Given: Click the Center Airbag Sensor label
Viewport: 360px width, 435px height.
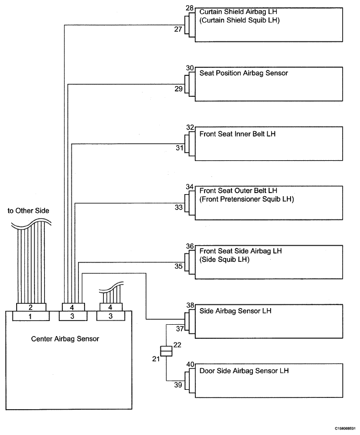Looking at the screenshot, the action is coord(65,339).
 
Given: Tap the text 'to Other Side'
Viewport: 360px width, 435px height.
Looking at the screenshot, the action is coord(29,211).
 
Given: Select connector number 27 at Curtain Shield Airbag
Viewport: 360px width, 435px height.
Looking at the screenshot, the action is coord(178,29).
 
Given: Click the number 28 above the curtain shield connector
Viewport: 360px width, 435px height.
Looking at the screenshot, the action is coord(190,8).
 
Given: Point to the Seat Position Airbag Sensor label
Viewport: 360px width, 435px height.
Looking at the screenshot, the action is coord(244,73).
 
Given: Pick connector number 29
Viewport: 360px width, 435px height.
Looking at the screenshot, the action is coord(179,89).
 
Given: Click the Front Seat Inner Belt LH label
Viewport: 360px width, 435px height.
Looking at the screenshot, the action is coord(238,134).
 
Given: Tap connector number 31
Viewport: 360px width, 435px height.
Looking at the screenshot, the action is coord(180,148).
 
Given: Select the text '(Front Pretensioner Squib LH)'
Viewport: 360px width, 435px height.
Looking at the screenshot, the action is coord(247,199).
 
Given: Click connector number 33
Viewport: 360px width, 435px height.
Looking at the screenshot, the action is coord(179,207).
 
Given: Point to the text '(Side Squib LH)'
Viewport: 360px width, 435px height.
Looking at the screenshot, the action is coord(224,259).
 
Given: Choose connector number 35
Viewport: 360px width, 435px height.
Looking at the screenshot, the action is coord(179,266).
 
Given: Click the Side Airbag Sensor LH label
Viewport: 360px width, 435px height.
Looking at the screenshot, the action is coord(235,311).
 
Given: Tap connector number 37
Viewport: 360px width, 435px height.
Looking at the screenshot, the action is coord(180,329).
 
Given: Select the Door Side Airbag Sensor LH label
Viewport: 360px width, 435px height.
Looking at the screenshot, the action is coord(244,370).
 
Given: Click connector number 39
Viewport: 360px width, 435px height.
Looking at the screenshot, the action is coord(178,385).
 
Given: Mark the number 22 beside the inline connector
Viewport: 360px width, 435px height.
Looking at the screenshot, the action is coord(177,345).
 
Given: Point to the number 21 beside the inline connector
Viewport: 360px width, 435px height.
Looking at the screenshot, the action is coord(156,359).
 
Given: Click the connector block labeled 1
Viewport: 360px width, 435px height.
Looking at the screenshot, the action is coord(31,316).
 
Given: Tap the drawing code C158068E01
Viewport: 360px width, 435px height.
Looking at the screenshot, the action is coord(345,429).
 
